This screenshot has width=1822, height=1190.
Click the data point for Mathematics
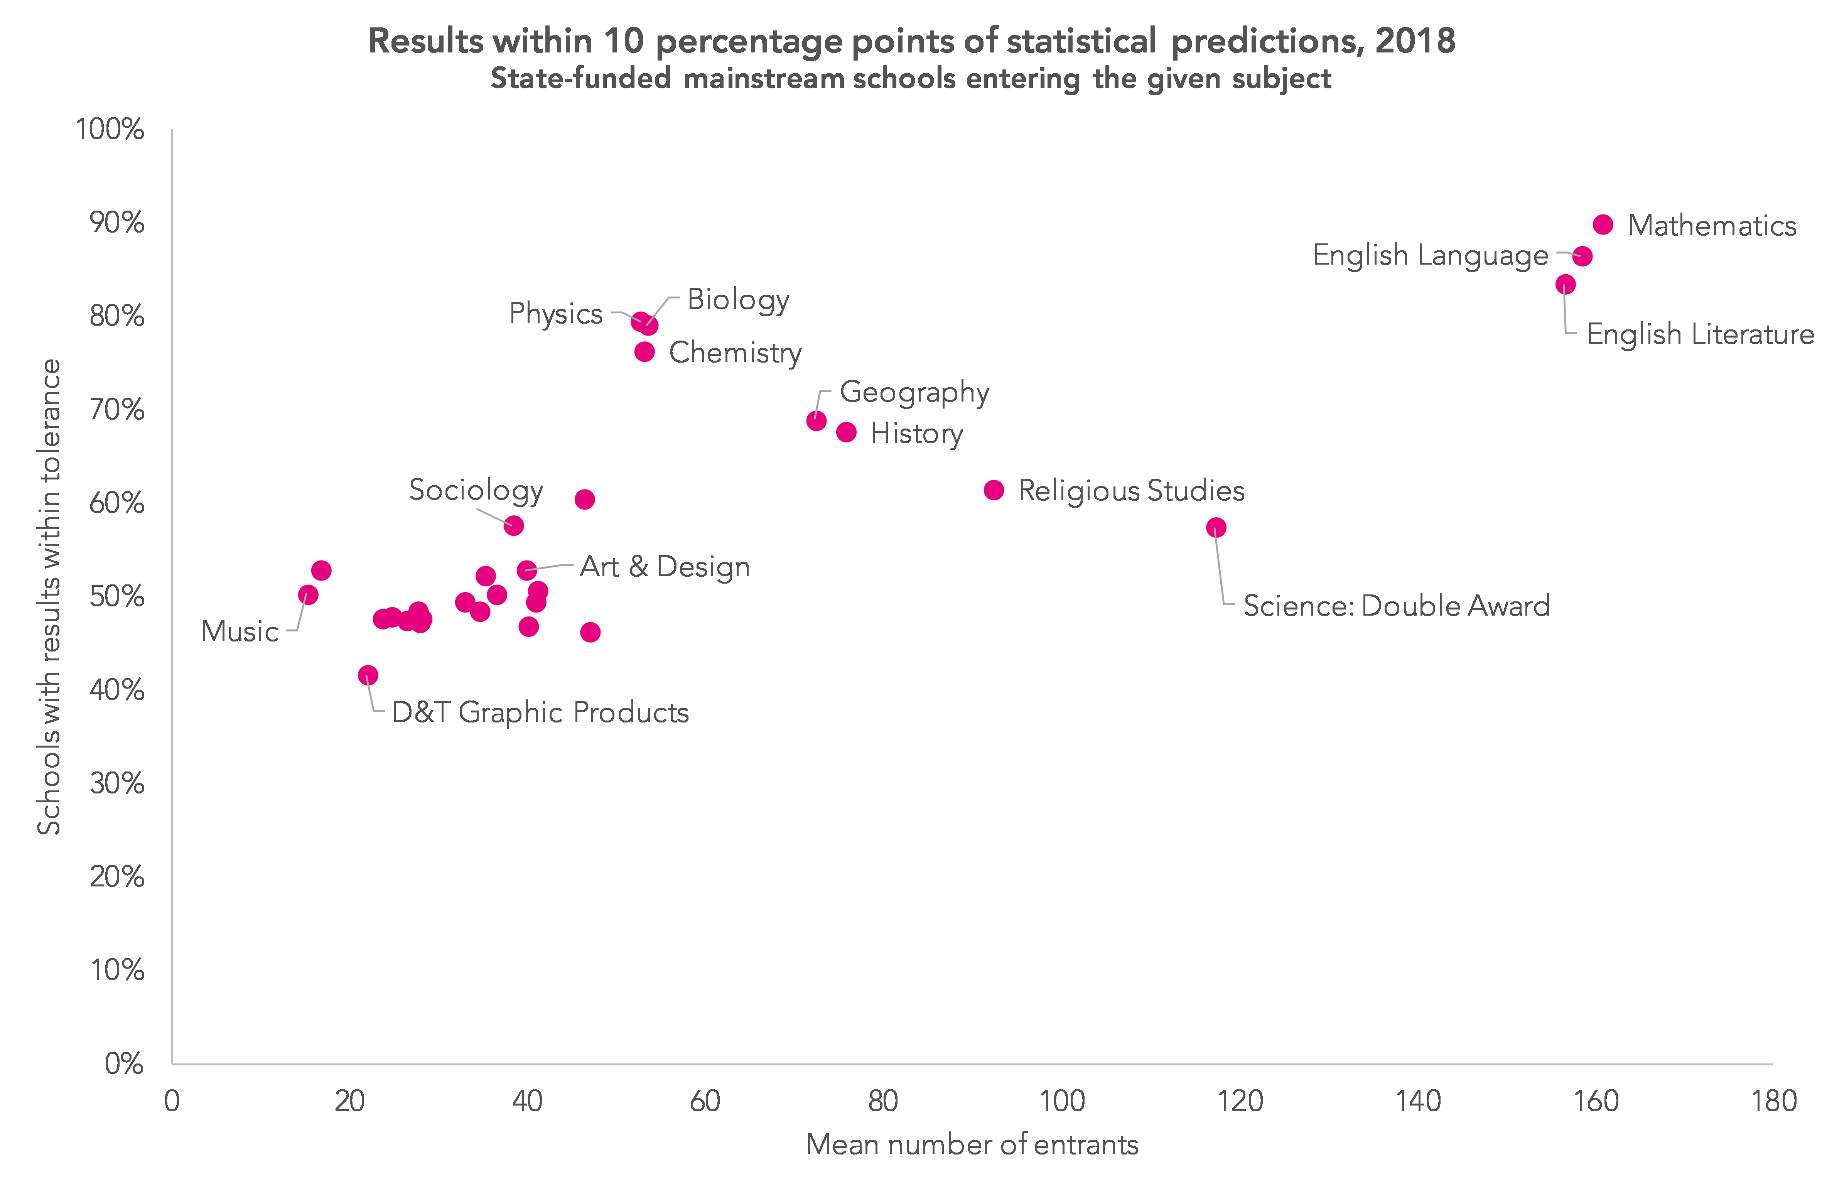coord(1603,224)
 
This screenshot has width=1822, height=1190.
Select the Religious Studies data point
coord(994,490)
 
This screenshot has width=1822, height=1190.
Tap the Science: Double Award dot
coord(1216,528)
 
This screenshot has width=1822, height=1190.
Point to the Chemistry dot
coord(644,351)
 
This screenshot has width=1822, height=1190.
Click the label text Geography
coord(915,392)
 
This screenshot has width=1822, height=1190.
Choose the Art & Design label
coord(665,567)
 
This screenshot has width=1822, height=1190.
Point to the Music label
coord(240,632)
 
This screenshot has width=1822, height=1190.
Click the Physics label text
coord(556,314)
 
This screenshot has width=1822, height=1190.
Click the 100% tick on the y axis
coord(110,129)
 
